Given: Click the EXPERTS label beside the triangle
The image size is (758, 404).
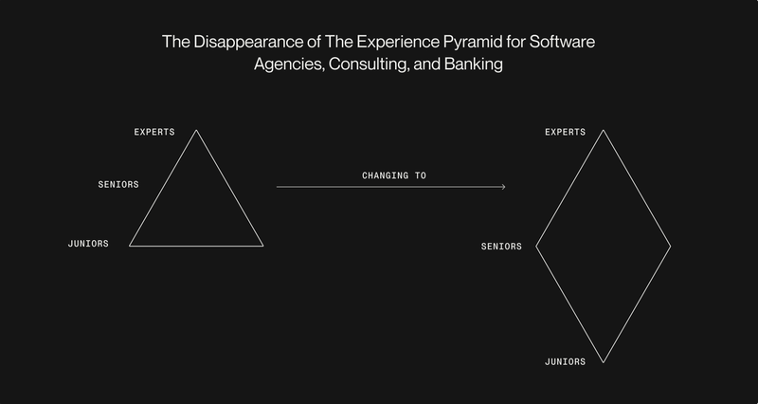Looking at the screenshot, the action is coord(154,132).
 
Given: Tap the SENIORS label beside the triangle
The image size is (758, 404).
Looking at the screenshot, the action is coord(118,184).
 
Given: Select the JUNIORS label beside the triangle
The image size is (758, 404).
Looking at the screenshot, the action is coord(88,244).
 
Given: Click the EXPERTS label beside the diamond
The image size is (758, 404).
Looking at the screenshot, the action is coord(565,132).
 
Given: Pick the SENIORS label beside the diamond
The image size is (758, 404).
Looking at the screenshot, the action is coord(501,247).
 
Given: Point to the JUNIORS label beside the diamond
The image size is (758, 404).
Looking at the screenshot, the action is coord(565,362).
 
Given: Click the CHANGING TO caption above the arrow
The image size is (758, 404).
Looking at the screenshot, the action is coord(394,175).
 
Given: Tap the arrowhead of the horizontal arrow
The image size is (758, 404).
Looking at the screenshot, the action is coord(504,187).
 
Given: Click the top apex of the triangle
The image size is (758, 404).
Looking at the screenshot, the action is coord(196,130).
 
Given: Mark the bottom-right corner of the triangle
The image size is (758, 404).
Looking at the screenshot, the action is coord(263,246).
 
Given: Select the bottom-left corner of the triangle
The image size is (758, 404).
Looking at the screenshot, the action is coord(130,246).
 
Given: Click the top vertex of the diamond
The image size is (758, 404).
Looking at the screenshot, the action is coord(603,130).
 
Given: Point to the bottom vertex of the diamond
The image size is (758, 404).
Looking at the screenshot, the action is coord(603,362).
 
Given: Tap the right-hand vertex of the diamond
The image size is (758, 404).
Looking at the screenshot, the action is coord(671,247).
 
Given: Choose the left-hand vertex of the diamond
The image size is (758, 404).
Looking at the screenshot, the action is coord(536,247).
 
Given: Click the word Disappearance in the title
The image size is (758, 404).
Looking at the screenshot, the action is coord(248,42).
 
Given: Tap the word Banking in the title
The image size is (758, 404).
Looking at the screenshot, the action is coord(473,64).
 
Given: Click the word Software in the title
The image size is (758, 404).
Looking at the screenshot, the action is coord(562,42).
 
